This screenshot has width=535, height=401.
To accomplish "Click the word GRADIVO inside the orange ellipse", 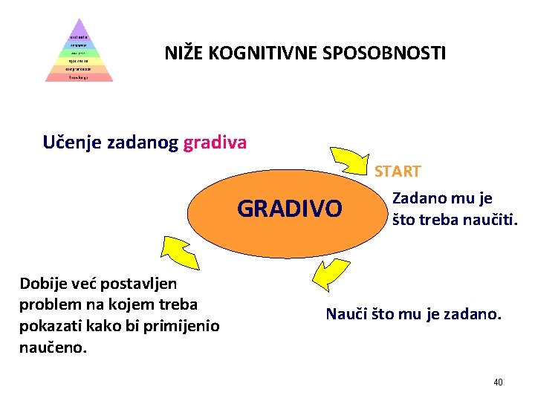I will click(x=290, y=209).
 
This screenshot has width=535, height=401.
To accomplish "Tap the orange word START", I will click(x=398, y=172).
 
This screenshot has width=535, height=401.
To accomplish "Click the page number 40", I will click(x=498, y=382).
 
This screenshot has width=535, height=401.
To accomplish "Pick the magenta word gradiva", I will click(x=215, y=141).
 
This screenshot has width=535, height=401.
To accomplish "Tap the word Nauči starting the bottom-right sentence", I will click(x=345, y=314).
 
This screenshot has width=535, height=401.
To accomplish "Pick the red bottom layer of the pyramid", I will click(x=79, y=76).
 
